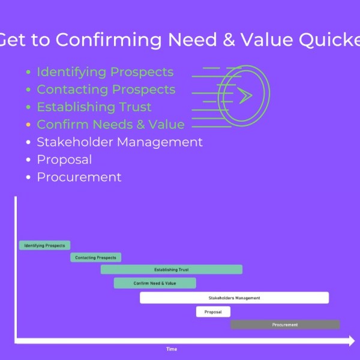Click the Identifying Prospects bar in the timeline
pos(45,245)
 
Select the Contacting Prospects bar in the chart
pos(96,257)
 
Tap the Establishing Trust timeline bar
pos(172,269)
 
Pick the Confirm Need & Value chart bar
pos(155,283)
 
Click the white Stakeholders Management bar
pos(234,298)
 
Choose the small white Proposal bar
pos(213,312)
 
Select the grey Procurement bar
pos(285,325)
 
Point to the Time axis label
pos(172,349)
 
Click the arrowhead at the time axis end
pos(350,341)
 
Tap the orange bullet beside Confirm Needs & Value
pos(28,125)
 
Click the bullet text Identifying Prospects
pos(105,72)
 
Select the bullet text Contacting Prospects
pos(106,89)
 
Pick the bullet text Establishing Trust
pos(94,107)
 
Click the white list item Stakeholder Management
pos(119,142)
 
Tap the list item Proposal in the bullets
pos(64,160)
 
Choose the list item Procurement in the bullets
pos(79,177)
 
